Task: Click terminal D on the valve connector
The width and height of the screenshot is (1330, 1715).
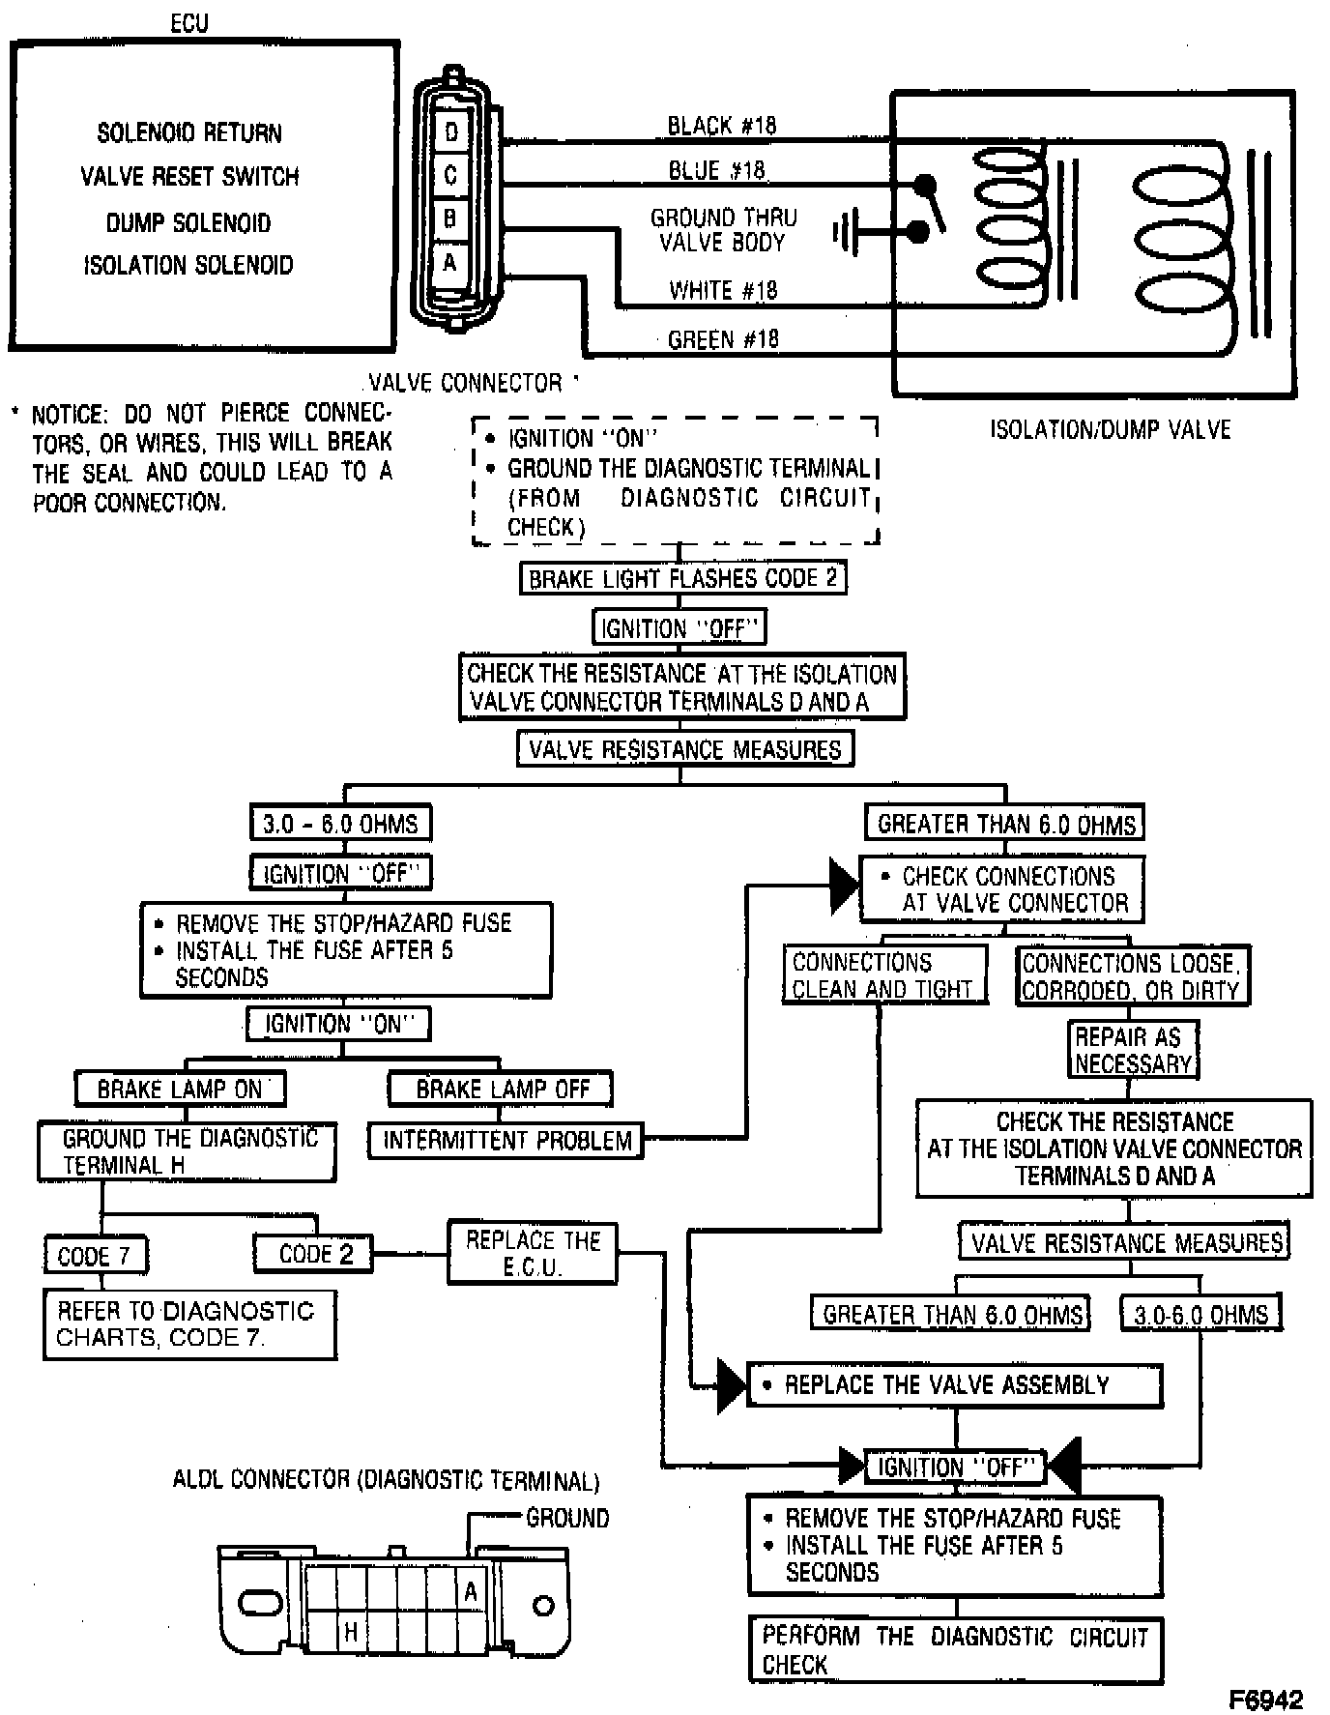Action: click(450, 131)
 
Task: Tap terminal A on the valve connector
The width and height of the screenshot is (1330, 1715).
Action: click(450, 261)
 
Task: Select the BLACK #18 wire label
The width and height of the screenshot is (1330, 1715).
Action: click(722, 126)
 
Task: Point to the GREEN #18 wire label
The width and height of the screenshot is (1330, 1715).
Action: click(724, 339)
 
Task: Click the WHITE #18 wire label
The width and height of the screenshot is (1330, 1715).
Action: click(723, 290)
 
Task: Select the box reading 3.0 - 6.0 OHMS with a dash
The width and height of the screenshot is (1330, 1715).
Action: click(340, 824)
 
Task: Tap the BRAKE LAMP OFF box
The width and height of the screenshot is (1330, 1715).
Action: click(502, 1089)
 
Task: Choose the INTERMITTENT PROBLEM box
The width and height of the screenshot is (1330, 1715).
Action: click(506, 1141)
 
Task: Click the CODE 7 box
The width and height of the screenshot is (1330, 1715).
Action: click(95, 1256)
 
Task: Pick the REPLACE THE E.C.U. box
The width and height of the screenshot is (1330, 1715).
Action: click(533, 1253)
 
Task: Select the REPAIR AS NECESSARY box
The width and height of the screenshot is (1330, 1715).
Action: click(1133, 1050)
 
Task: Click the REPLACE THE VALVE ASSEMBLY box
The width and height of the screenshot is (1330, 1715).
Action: click(955, 1385)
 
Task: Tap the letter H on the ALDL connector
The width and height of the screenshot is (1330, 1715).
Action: click(351, 1633)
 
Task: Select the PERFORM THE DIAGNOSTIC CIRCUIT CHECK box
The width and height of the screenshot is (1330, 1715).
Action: click(955, 1649)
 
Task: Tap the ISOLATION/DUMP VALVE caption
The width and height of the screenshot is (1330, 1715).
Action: click(1111, 429)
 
